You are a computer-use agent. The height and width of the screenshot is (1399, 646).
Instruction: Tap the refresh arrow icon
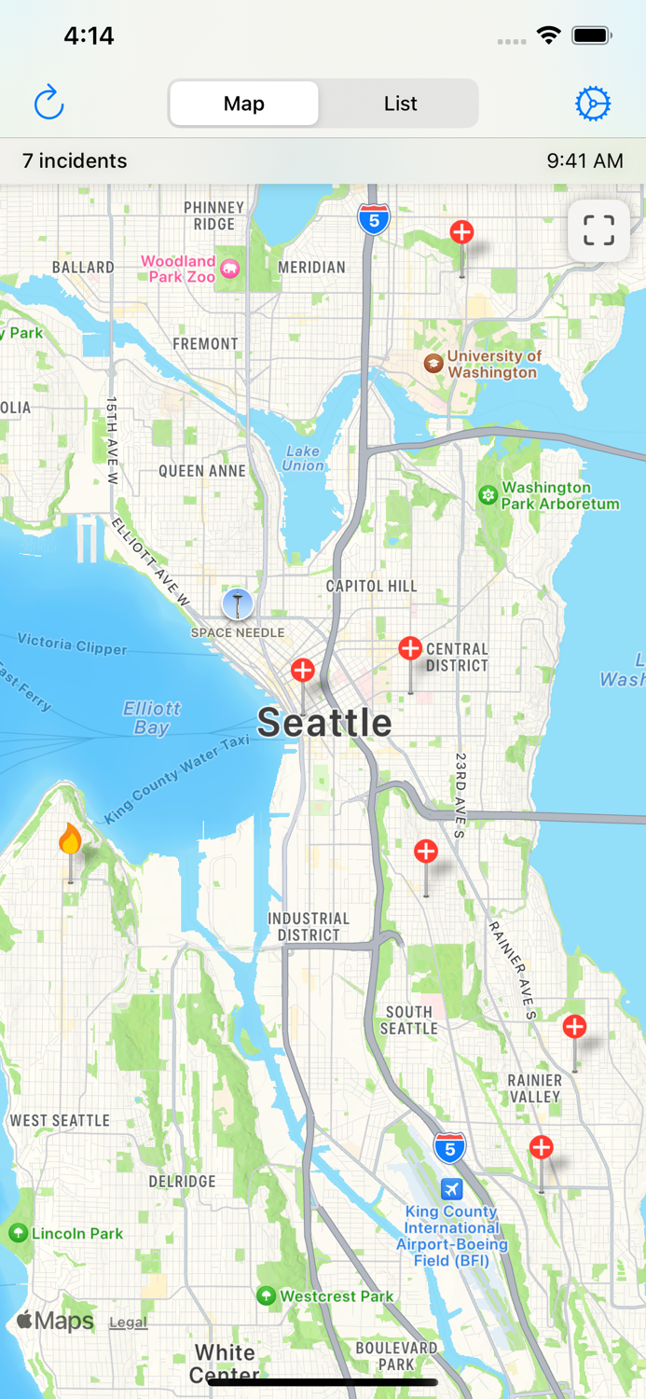tap(48, 103)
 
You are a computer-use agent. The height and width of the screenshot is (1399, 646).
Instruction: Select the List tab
tap(400, 104)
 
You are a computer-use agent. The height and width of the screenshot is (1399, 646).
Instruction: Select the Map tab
tap(244, 104)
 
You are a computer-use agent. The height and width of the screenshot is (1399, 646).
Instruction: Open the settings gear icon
tap(593, 104)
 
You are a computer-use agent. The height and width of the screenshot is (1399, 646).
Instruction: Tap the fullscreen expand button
tap(598, 230)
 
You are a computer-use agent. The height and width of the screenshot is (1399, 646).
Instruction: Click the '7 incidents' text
tap(75, 160)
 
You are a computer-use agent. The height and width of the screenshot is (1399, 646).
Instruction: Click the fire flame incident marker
tap(70, 840)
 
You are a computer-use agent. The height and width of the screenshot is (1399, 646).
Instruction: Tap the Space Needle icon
tap(238, 604)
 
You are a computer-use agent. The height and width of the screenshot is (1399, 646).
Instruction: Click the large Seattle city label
tap(324, 723)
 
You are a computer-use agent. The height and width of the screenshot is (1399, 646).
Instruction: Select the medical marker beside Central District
tap(410, 648)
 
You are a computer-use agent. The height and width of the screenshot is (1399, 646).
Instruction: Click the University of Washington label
tap(493, 364)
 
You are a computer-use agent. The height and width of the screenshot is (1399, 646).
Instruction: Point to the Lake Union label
tap(303, 458)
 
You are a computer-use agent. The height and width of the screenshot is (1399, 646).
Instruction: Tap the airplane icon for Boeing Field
tap(451, 1189)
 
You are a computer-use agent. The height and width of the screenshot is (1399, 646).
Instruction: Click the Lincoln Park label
tap(77, 1233)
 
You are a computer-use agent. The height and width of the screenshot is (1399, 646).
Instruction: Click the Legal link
tap(128, 1323)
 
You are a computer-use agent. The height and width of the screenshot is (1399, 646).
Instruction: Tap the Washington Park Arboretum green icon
tap(488, 495)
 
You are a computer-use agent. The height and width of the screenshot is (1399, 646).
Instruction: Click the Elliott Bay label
tap(152, 718)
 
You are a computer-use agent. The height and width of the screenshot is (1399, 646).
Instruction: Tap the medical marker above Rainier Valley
tap(574, 1027)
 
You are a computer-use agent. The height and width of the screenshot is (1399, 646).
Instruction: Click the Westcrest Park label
tap(337, 1296)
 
